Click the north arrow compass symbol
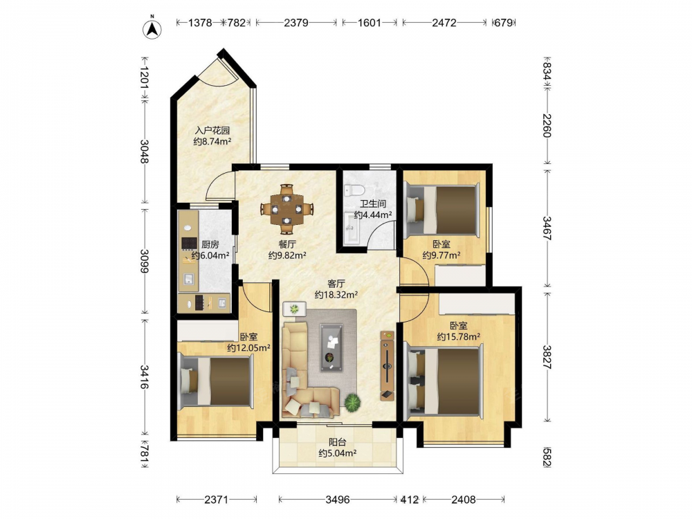(152, 28)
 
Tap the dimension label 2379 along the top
(295, 22)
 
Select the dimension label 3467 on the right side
(547, 228)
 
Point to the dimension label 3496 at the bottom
(338, 499)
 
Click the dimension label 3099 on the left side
(145, 261)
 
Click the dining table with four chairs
(286, 209)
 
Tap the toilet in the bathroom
(354, 191)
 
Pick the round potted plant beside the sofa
(353, 402)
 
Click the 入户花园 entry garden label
(212, 131)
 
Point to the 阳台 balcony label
(338, 441)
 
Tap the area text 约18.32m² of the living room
(336, 294)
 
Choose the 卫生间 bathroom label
(373, 204)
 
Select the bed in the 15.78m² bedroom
(444, 381)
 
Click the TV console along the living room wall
(387, 366)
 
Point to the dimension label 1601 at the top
(369, 22)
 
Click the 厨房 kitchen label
(210, 244)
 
